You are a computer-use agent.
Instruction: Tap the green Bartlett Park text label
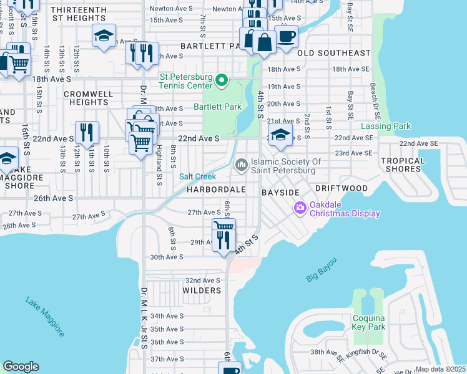(x=217, y=107)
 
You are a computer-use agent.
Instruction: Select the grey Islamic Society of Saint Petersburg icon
(x=242, y=163)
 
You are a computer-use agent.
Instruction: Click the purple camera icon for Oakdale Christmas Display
(x=300, y=207)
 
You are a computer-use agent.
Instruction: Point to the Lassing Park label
(x=386, y=127)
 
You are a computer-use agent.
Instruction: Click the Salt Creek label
(x=198, y=177)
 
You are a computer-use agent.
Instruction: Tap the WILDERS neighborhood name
(x=202, y=290)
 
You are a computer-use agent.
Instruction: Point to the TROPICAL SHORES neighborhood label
(x=402, y=165)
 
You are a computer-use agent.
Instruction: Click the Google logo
(x=21, y=367)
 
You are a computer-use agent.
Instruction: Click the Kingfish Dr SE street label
(x=370, y=353)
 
